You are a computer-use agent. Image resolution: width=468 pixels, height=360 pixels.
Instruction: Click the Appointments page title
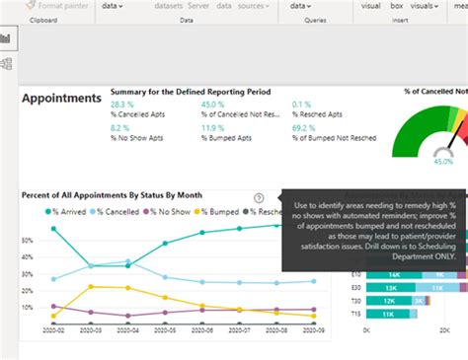[x=61, y=99]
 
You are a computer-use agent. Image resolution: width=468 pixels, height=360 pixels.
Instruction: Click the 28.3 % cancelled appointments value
[x=123, y=104]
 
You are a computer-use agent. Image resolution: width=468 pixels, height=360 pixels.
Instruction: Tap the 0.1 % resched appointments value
[x=302, y=104]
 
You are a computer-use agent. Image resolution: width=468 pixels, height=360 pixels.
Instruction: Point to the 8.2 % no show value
[x=120, y=128]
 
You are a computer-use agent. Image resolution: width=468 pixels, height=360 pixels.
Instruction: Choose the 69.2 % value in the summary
[x=305, y=128]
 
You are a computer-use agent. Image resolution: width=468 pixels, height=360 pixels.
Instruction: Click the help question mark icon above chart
[x=259, y=197]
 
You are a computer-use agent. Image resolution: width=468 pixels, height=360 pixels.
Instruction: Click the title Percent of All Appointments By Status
[x=119, y=195]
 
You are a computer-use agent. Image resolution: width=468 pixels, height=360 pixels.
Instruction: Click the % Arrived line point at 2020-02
[x=53, y=229]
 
